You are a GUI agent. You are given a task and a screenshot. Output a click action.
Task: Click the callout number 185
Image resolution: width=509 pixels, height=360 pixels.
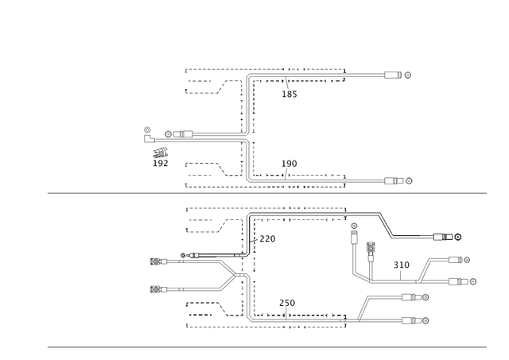[289, 94]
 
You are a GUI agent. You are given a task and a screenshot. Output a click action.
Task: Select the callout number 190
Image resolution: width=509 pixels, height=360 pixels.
[289, 164]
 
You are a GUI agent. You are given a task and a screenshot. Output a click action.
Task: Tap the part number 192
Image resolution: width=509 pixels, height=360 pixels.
[161, 163]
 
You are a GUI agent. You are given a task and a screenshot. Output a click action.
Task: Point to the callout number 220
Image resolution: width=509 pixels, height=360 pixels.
[267, 239]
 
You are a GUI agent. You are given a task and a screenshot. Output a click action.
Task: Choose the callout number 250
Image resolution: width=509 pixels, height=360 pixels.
[287, 303]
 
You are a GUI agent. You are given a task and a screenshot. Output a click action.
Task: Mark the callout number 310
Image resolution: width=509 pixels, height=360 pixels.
[401, 265]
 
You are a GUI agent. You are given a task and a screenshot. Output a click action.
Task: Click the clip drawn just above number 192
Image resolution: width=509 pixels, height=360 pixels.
[161, 153]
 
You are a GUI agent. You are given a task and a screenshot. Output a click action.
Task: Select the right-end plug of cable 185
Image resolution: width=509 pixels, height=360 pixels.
[393, 75]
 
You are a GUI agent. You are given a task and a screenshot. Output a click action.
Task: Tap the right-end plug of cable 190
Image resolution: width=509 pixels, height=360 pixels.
[394, 180]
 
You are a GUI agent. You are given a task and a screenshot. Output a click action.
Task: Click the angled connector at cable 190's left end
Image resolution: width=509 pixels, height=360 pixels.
[148, 139]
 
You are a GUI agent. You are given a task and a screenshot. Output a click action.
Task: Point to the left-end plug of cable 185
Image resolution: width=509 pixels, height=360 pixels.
[183, 134]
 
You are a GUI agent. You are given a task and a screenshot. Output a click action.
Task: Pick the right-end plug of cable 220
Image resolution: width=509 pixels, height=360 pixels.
[443, 237]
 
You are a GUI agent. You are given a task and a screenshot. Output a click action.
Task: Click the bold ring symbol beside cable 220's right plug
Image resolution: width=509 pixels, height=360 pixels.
[458, 237]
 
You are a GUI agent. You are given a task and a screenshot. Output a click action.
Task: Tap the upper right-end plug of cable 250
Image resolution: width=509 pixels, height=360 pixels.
[411, 297]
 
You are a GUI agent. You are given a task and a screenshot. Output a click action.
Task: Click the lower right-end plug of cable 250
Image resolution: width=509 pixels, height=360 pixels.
[411, 321]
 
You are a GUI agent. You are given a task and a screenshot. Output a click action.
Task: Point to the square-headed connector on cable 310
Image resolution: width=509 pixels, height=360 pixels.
[371, 248]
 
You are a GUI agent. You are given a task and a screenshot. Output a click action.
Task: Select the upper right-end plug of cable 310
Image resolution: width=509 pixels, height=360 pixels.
[455, 260]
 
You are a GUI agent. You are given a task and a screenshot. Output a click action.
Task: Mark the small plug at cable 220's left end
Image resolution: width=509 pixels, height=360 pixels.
[192, 255]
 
